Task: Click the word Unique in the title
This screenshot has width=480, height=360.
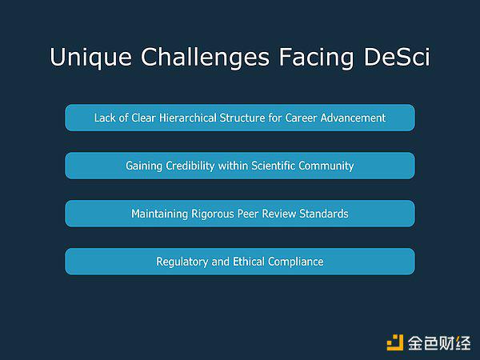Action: pyautogui.click(x=91, y=58)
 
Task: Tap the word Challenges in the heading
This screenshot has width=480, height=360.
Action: pyautogui.click(x=205, y=58)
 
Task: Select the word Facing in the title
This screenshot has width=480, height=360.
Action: pyautogui.click(x=316, y=58)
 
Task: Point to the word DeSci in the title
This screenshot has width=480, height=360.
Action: pyautogui.click(x=397, y=57)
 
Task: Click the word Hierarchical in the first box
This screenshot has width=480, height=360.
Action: pyautogui.click(x=188, y=118)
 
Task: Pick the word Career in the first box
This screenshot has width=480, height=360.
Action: pyautogui.click(x=301, y=118)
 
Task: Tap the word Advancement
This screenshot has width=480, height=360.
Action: pyautogui.click(x=353, y=118)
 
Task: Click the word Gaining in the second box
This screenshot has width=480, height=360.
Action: pyautogui.click(x=144, y=166)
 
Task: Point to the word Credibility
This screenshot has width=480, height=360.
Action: pyautogui.click(x=190, y=166)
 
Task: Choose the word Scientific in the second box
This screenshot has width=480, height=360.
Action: pyautogui.click(x=273, y=166)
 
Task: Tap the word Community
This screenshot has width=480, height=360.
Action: pyautogui.click(x=326, y=166)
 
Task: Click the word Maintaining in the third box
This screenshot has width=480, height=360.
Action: pyautogui.click(x=159, y=214)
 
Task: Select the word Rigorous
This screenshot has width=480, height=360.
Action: pyautogui.click(x=213, y=214)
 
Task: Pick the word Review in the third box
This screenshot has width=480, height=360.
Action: pyautogui.click(x=279, y=214)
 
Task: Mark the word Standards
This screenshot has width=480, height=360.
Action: pyautogui.click(x=324, y=214)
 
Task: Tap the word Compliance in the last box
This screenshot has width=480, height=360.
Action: pyautogui.click(x=296, y=262)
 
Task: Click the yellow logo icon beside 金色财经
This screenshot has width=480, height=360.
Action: pyautogui.click(x=395, y=342)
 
